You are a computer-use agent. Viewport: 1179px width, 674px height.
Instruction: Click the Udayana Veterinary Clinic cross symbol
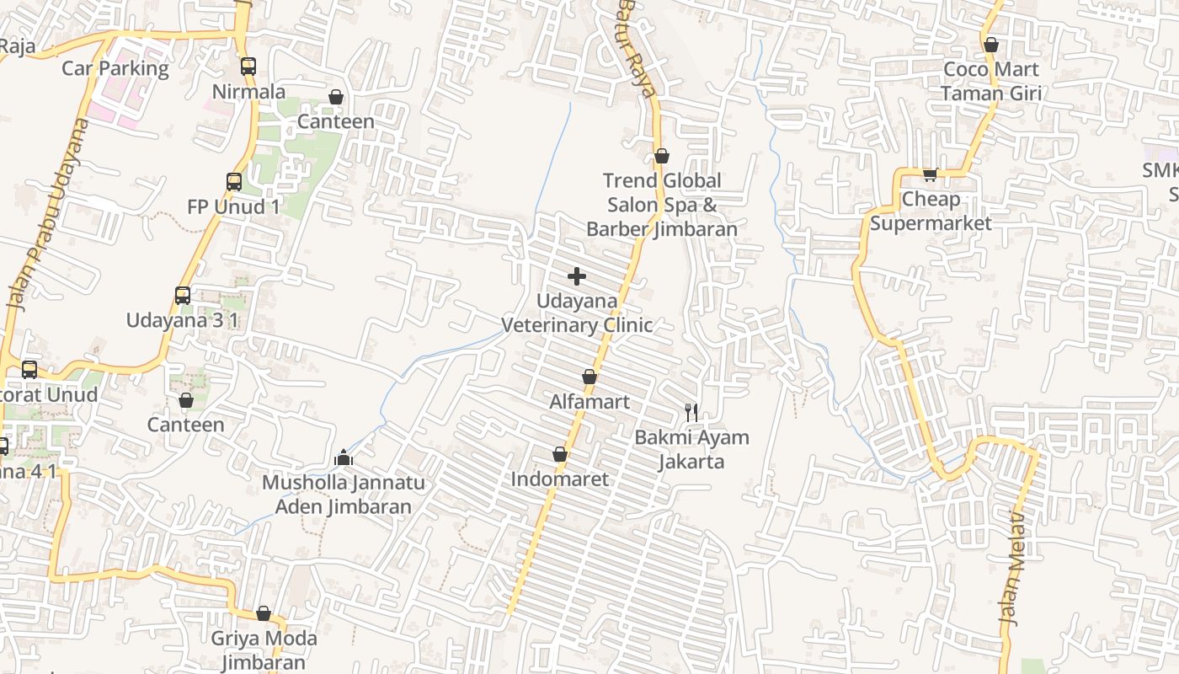577,276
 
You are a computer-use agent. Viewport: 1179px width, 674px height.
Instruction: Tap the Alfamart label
589,402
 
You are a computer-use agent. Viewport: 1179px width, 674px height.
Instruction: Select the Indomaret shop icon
560,455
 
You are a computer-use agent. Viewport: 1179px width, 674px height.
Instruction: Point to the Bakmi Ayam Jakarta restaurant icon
691,412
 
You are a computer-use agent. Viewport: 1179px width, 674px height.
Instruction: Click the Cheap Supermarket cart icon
930,174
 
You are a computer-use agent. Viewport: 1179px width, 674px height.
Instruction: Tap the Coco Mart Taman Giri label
990,81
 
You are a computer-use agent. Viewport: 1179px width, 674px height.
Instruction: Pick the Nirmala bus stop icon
248,67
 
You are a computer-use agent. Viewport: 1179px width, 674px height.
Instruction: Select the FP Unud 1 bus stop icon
234,181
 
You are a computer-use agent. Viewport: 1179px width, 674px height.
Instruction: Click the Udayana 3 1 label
182,320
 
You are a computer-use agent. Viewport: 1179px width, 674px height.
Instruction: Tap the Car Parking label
115,68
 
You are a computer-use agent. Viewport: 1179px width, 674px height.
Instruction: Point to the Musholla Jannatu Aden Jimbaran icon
343,457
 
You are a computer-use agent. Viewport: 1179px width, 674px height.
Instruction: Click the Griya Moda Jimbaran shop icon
264,613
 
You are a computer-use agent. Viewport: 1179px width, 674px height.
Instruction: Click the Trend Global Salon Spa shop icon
662,156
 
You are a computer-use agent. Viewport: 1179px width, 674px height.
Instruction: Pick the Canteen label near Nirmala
336,121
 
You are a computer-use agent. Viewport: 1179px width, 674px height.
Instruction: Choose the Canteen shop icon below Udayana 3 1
186,400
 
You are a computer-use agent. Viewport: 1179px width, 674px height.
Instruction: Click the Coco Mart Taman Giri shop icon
991,45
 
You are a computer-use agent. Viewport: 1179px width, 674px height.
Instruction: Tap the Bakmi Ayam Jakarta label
691,449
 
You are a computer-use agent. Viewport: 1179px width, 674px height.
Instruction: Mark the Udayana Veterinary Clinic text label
577,313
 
